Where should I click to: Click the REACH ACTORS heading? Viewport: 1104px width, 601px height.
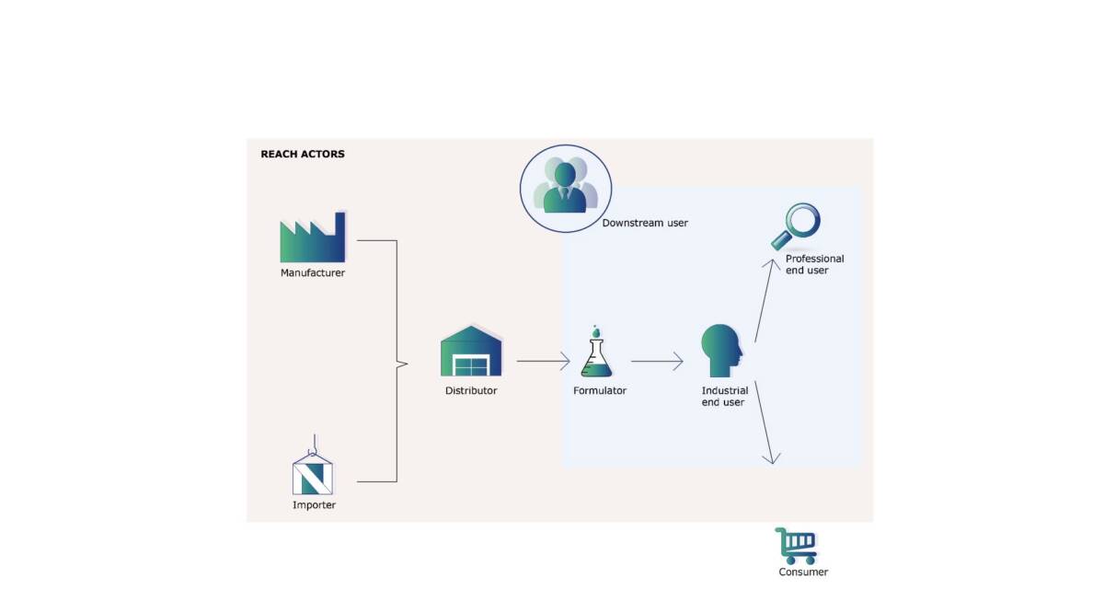pyautogui.click(x=303, y=154)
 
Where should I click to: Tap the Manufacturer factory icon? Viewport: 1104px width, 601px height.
pyautogui.click(x=313, y=238)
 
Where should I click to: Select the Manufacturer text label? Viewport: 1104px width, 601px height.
pyautogui.click(x=313, y=273)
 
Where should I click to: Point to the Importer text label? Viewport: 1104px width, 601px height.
pyautogui.click(x=314, y=505)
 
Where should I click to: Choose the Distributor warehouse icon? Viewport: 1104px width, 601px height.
pyautogui.click(x=471, y=352)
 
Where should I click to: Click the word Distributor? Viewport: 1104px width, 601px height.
pyautogui.click(x=471, y=391)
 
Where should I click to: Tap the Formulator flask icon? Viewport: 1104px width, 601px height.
pyautogui.click(x=596, y=353)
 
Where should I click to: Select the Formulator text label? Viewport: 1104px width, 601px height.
pyautogui.click(x=600, y=391)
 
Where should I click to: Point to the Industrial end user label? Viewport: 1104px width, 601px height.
pyautogui.click(x=725, y=397)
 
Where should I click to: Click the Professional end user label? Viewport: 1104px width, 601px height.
pyautogui.click(x=814, y=265)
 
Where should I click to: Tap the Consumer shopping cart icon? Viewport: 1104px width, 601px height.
pyautogui.click(x=797, y=546)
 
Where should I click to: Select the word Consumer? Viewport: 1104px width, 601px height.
pyautogui.click(x=803, y=572)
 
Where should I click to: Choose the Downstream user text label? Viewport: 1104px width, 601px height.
pyautogui.click(x=645, y=224)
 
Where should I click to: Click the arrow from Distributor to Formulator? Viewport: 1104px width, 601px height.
pyautogui.click(x=543, y=361)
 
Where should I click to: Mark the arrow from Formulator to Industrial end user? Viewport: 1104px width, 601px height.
pyautogui.click(x=657, y=361)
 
